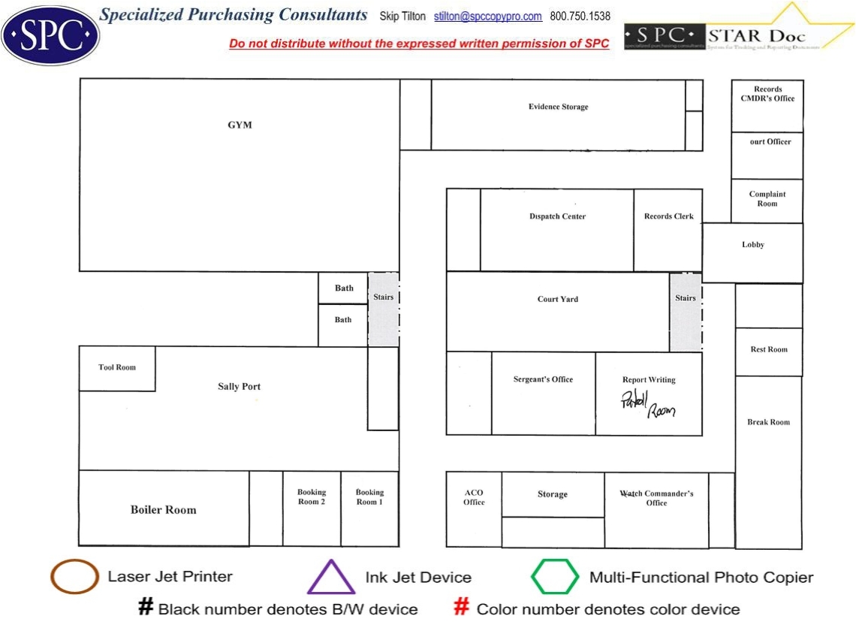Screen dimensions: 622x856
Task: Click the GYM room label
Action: pos(240,125)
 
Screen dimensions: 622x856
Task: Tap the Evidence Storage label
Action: pos(558,107)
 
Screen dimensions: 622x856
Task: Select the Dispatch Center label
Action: pos(557,216)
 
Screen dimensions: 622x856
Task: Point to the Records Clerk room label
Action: pos(669,216)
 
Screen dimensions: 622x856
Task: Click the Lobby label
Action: pos(753,245)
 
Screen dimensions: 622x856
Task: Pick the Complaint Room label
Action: pos(767,199)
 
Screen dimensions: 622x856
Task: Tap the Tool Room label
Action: pos(117,367)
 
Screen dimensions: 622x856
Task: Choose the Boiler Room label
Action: pos(163,509)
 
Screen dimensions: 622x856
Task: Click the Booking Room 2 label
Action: pos(312,497)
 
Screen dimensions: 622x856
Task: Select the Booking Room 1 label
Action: pos(369,497)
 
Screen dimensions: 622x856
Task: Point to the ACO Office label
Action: pos(474,497)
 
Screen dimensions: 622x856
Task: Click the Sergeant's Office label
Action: pos(543,379)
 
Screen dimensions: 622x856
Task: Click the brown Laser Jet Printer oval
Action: pos(74,577)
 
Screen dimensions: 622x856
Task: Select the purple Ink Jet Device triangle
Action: pos(331,577)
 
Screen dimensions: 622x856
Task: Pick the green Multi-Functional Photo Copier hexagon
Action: pos(555,577)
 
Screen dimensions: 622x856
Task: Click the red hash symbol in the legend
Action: pos(463,608)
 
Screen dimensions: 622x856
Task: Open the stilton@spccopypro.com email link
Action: pos(488,17)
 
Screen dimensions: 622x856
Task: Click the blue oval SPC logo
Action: pos(50,35)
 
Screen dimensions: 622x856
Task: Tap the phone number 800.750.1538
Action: pos(580,17)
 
